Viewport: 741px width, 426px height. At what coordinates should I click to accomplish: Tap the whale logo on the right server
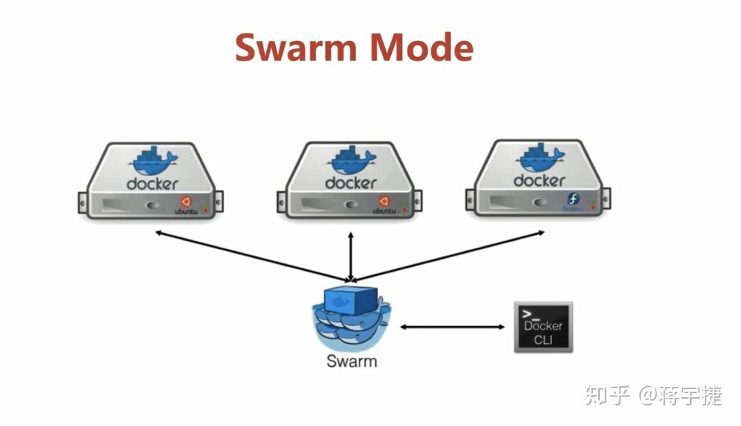[541, 158]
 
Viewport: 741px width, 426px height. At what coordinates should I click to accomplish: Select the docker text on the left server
[152, 184]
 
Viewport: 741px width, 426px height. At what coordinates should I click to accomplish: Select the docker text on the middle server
[351, 183]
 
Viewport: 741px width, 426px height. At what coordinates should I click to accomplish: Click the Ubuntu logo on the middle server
[384, 201]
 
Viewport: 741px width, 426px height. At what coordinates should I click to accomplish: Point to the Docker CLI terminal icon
[543, 327]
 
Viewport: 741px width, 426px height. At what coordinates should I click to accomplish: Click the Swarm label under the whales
[351, 361]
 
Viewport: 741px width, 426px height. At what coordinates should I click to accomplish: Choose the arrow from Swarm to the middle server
[351, 257]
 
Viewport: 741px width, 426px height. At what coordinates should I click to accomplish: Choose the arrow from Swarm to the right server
[449, 257]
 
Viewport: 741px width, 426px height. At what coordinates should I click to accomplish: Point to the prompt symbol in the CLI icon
[526, 314]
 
